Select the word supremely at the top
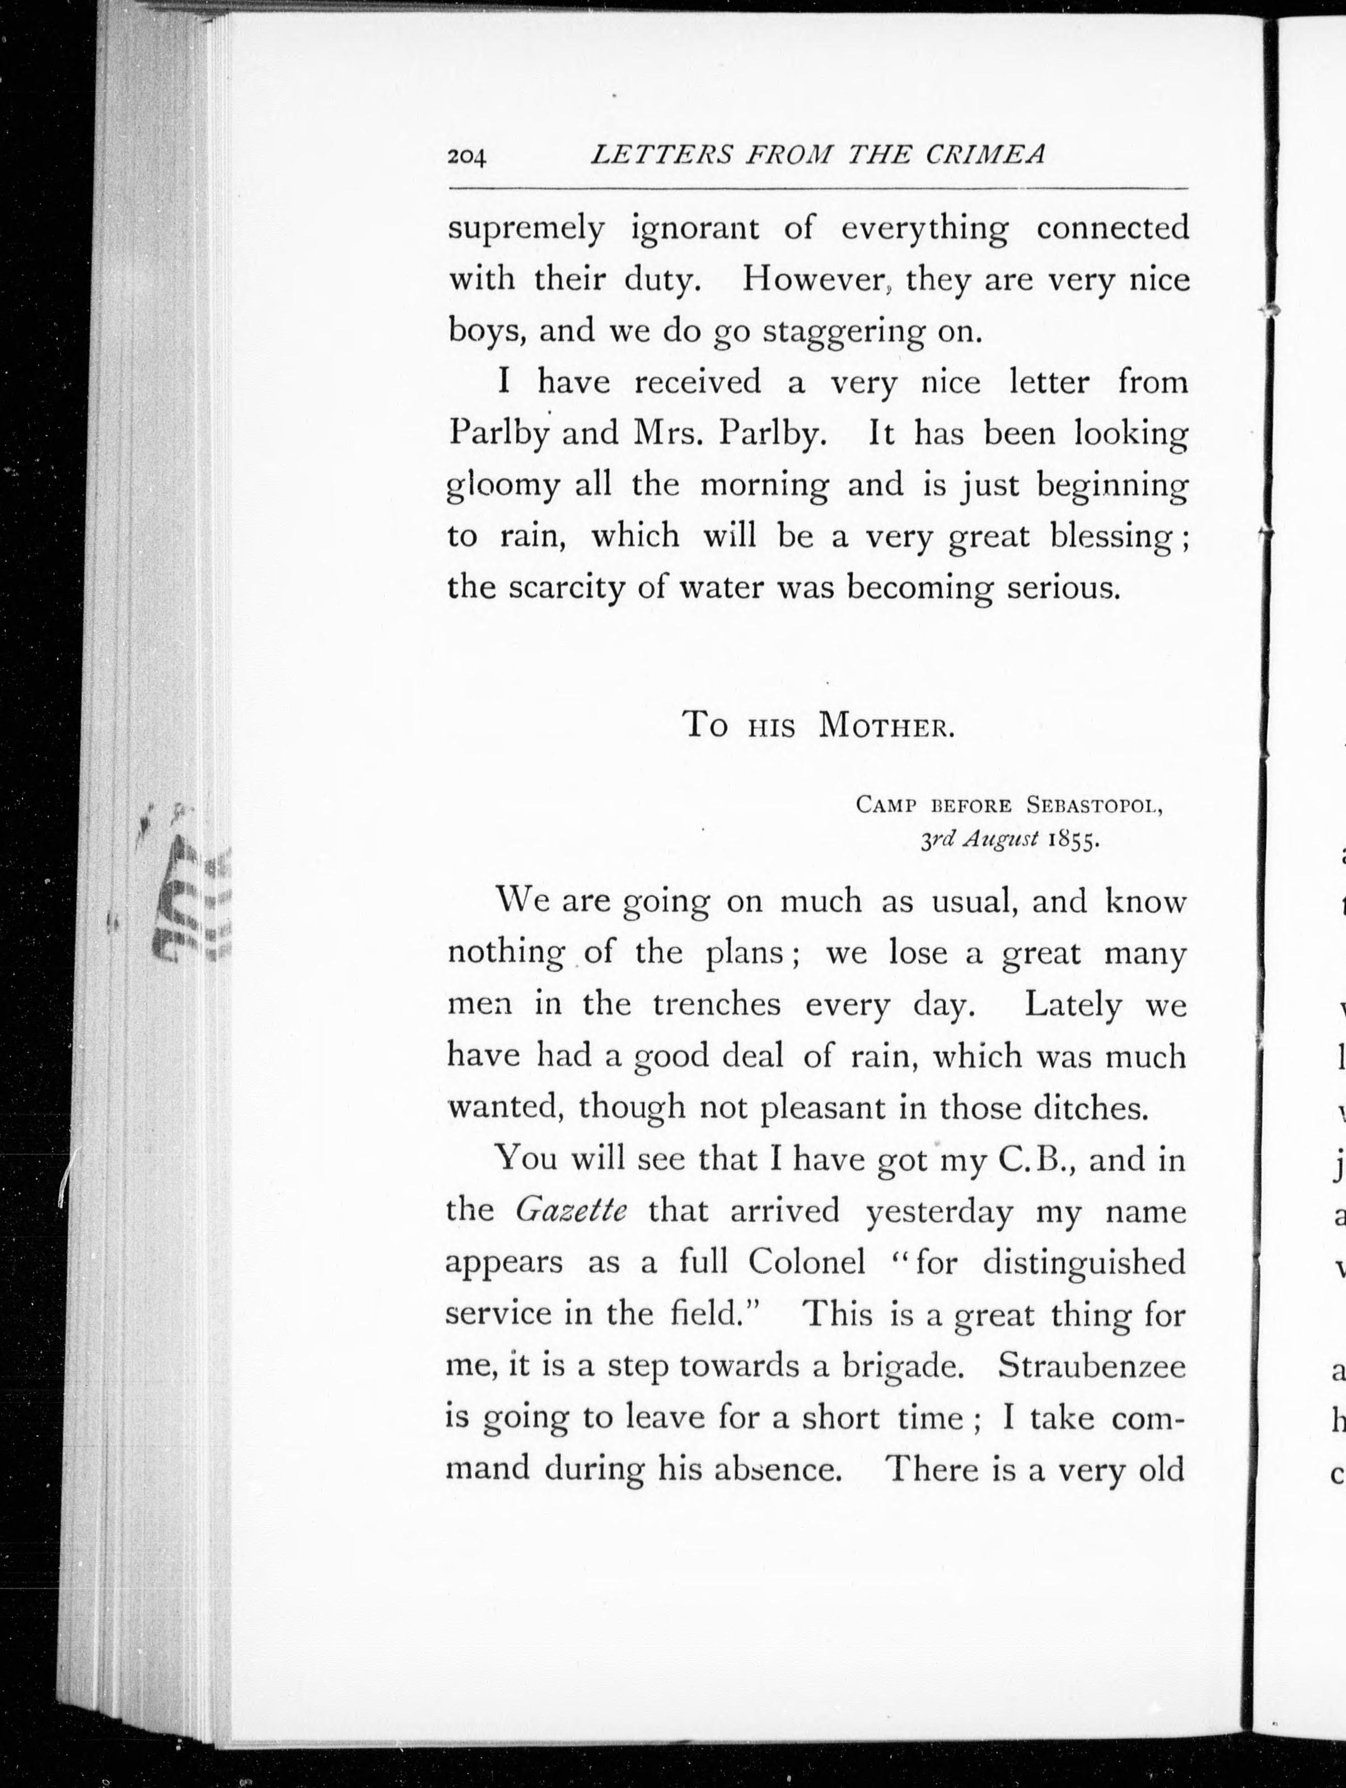[526, 230]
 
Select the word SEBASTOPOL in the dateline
[1094, 806]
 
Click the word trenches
[717, 1005]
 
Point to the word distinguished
[1083, 1262]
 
